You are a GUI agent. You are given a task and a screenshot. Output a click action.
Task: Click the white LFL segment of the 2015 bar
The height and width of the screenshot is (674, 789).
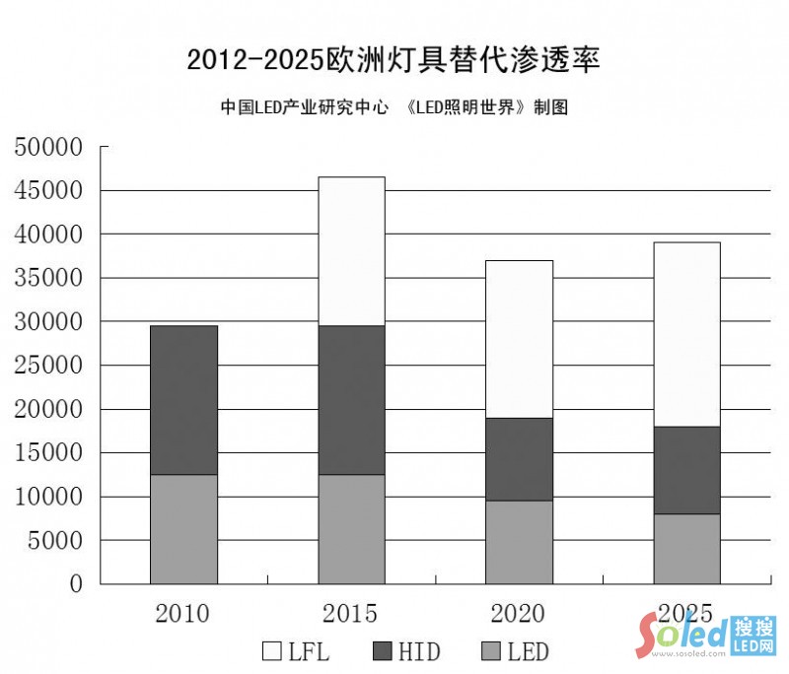point(351,251)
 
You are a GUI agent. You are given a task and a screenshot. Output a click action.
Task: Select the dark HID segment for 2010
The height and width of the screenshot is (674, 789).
point(183,400)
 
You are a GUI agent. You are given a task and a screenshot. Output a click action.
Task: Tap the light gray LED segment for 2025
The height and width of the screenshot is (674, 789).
point(686,549)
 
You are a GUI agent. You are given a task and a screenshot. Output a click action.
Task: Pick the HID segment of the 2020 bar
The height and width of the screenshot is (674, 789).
point(519,459)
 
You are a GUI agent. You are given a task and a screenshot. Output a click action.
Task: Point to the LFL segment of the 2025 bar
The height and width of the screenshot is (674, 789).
point(686,334)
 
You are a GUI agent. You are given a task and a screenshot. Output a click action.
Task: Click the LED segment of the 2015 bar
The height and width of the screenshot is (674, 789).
point(351,529)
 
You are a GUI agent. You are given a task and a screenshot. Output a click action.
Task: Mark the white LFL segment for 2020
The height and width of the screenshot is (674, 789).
point(519,339)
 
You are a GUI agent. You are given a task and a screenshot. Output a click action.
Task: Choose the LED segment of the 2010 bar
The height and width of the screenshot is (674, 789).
point(183,529)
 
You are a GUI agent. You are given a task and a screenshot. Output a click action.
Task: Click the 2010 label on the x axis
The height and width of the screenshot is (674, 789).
point(182,614)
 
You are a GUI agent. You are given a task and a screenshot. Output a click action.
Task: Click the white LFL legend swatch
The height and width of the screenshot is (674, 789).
point(272,651)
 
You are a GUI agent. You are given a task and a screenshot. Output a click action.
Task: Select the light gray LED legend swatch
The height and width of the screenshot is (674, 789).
point(491,651)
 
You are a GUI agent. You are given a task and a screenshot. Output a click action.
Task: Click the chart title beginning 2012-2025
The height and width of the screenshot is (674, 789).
point(394,59)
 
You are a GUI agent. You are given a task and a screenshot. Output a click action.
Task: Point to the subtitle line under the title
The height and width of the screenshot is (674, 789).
point(394,107)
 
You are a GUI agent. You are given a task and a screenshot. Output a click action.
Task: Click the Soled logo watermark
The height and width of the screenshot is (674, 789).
point(706,636)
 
